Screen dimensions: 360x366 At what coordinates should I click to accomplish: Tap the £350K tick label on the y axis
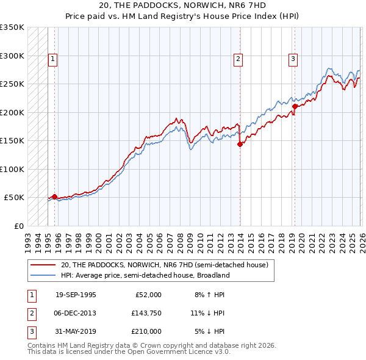click(12, 27)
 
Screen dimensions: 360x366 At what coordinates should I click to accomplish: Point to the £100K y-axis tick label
click(12, 169)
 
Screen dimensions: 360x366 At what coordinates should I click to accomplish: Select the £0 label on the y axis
click(18, 226)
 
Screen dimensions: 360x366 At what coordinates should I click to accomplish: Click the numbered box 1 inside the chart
click(53, 59)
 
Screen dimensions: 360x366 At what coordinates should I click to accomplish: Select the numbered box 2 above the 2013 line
click(237, 59)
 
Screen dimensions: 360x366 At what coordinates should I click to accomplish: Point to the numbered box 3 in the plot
click(293, 59)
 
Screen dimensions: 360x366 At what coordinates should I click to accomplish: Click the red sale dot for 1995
click(54, 196)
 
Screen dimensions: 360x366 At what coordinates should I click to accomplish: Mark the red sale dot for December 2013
click(240, 145)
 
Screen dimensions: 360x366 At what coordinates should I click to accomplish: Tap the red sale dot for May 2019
click(295, 107)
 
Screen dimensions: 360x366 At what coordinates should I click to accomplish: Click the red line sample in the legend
click(43, 265)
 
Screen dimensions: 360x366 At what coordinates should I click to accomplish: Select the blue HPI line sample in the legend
click(43, 275)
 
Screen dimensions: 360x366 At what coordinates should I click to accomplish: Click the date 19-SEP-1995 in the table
click(76, 295)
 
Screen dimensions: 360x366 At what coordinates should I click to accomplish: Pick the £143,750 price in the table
click(146, 313)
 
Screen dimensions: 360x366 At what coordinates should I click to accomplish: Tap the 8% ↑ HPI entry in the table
click(209, 295)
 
